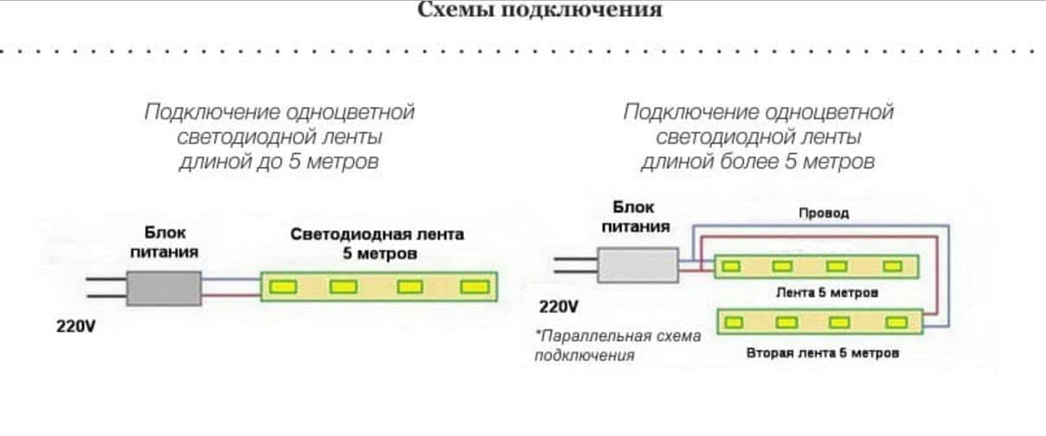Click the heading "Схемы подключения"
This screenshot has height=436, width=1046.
(x=540, y=11)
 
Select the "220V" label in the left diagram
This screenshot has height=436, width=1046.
(x=75, y=329)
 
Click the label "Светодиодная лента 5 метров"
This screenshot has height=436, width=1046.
(x=377, y=244)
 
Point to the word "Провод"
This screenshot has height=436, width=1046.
(x=823, y=213)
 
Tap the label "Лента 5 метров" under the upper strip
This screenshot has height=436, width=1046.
(x=826, y=292)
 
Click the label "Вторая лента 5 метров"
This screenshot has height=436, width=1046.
(x=823, y=353)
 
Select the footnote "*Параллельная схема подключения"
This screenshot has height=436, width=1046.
(x=618, y=345)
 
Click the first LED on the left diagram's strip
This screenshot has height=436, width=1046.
(x=285, y=286)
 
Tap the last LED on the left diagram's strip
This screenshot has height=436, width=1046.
(x=473, y=286)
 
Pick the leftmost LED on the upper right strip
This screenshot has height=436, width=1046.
(x=732, y=266)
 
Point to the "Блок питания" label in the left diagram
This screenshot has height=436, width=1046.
(x=164, y=243)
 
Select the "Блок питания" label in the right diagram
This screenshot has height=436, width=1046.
(x=635, y=217)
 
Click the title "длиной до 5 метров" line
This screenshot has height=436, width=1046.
(x=279, y=162)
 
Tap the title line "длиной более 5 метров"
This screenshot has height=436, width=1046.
(x=758, y=162)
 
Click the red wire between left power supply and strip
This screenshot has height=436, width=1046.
(x=231, y=295)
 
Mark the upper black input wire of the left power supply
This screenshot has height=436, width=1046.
(x=106, y=279)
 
